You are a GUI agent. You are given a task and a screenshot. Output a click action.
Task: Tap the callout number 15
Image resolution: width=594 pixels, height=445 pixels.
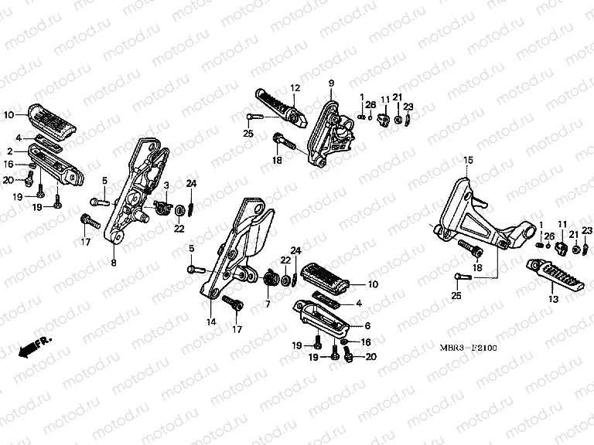(x=467, y=160)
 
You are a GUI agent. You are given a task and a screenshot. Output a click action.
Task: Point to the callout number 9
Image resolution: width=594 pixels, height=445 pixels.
(x=330, y=83)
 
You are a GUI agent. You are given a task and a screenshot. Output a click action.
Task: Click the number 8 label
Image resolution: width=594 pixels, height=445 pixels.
(x=113, y=263)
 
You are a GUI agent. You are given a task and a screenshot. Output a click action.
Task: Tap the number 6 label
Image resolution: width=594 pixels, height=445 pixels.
(x=268, y=304)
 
